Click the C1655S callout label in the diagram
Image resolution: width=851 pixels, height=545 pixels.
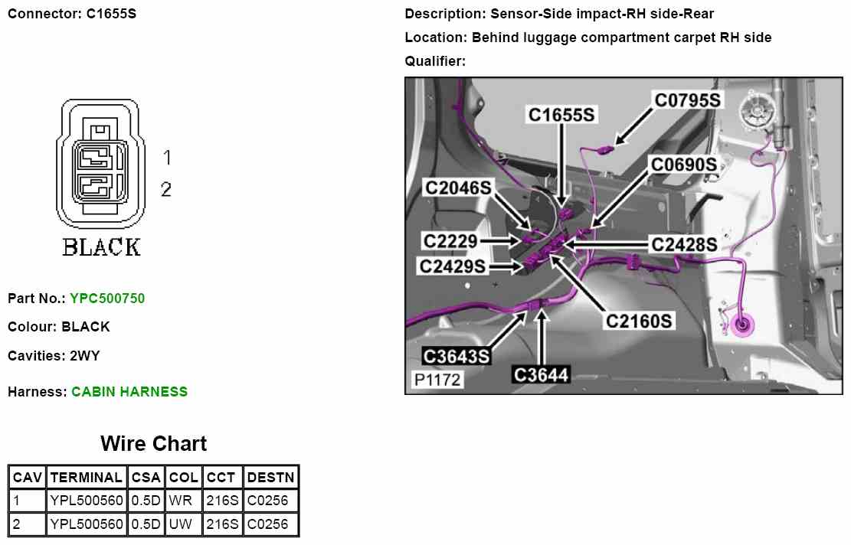562,115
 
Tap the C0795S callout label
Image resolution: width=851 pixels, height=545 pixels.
687,100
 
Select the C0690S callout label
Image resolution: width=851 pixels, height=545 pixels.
684,165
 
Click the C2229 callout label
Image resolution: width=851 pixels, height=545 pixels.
451,241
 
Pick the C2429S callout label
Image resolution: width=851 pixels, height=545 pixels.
453,266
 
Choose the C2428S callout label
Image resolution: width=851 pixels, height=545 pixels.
684,244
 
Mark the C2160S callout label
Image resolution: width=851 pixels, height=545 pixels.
640,321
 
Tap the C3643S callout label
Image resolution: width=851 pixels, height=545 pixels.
457,356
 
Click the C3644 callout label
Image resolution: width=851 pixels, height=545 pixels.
541,374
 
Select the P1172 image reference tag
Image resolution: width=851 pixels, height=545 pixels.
438,379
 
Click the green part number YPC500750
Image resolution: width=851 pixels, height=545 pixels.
107,299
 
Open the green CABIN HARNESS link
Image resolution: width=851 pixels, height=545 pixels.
129,392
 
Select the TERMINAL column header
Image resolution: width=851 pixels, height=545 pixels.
86,478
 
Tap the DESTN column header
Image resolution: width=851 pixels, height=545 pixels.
271,478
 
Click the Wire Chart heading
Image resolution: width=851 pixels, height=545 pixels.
153,444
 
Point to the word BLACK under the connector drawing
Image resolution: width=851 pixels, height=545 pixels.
101,247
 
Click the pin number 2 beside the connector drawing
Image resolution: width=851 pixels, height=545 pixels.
166,189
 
